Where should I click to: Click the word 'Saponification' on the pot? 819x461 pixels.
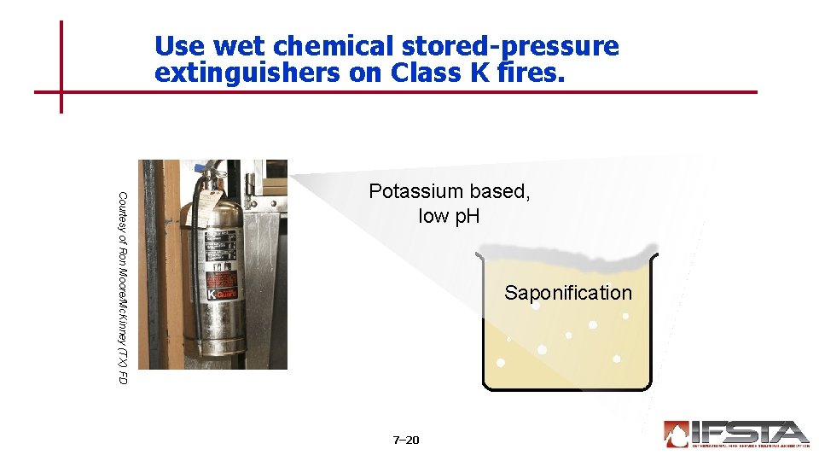567,293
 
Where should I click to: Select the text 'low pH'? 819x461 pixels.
449,216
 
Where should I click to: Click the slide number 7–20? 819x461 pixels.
406,440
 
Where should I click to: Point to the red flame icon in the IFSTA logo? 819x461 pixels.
677,434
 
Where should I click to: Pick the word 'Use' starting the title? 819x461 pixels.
180,46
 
